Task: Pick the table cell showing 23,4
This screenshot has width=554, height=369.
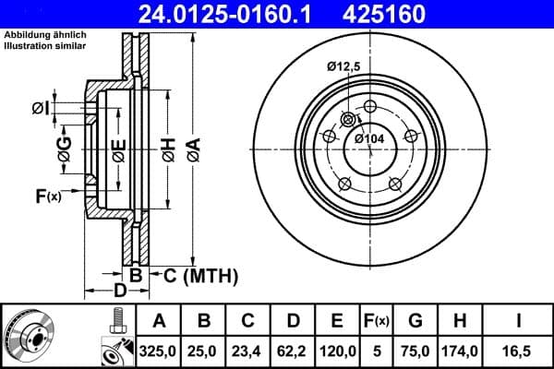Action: (x=247, y=351)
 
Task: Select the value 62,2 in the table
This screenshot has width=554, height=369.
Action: (x=292, y=351)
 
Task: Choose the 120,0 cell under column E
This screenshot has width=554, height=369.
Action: (x=337, y=351)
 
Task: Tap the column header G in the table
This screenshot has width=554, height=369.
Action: (x=415, y=321)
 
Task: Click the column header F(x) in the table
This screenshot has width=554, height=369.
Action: (x=377, y=321)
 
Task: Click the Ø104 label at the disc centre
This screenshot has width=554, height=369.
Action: (x=369, y=138)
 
